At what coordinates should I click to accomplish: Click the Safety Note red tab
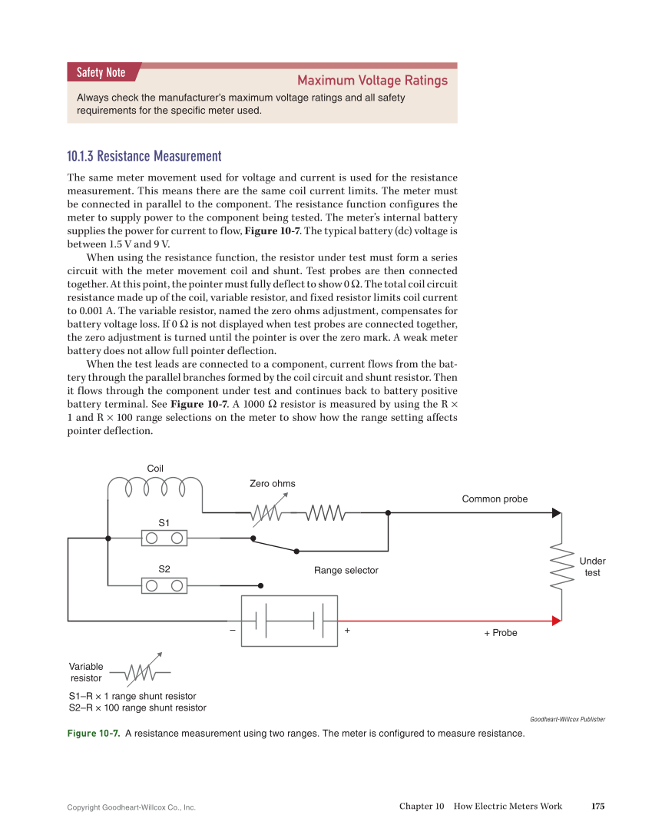[x=101, y=73]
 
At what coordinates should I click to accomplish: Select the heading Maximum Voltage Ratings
[x=372, y=81]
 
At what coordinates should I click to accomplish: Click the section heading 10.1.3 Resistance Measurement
[x=144, y=157]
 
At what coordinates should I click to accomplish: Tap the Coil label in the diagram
[x=155, y=469]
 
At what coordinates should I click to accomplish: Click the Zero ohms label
[x=272, y=483]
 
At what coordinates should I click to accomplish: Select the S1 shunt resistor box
[x=164, y=538]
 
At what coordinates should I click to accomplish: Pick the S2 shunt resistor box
[x=164, y=585]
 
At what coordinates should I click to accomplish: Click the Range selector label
[x=346, y=570]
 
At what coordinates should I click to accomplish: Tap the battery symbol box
[x=290, y=621]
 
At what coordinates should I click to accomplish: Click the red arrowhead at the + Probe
[x=556, y=621]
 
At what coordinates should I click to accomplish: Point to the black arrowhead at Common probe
[x=556, y=513]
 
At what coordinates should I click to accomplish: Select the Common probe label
[x=495, y=499]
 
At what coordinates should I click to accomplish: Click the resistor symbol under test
[x=563, y=568]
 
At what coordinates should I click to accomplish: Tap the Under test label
[x=592, y=567]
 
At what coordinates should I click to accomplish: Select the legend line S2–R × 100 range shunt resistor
[x=137, y=707]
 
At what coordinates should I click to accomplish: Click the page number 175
[x=597, y=806]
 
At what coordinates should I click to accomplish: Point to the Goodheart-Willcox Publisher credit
[x=567, y=720]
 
